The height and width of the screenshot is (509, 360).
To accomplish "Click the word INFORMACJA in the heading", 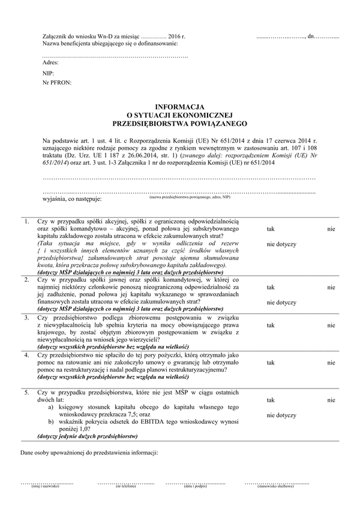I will click(180, 106).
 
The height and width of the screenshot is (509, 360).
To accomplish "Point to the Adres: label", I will click(51, 62).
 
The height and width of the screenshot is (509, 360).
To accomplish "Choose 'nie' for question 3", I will click(331, 325).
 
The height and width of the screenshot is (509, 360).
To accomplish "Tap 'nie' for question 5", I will click(331, 400).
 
